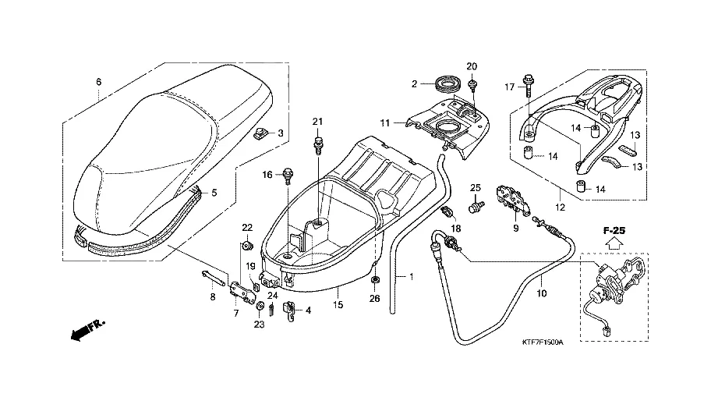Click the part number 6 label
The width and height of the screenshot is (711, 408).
point(99,82)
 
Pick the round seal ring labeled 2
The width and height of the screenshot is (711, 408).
point(447,83)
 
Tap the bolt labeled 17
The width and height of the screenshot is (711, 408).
point(529,81)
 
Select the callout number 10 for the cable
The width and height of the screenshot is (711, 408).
point(542,293)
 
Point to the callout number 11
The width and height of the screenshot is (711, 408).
point(385,123)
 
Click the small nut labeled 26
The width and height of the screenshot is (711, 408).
point(375,280)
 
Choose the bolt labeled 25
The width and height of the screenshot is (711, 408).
point(474,206)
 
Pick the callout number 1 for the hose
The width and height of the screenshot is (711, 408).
point(412,276)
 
